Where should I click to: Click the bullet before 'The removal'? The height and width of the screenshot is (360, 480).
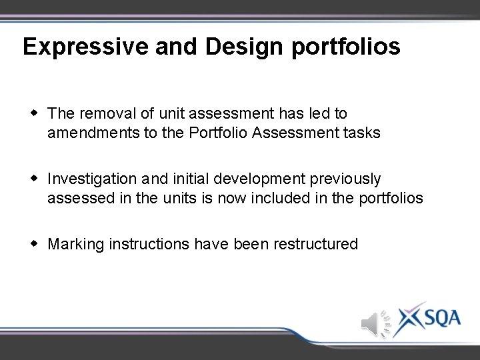pos(34,113)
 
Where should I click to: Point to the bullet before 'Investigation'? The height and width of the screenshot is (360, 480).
pos(34,178)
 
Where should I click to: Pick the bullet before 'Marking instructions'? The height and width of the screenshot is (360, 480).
pos(34,243)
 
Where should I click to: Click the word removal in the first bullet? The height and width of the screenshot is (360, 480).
pos(107,114)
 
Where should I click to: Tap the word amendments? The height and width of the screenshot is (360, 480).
pos(93,133)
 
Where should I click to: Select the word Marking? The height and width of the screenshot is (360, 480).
pos(76,245)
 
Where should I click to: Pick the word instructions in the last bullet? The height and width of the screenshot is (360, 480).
pos(149,244)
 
